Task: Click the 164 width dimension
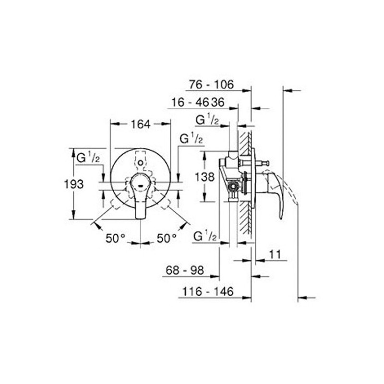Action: tap(141, 124)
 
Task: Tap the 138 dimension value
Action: tap(205, 177)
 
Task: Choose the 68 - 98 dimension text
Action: tap(185, 271)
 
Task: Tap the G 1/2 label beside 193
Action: tap(88, 157)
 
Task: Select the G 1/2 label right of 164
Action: tap(192, 139)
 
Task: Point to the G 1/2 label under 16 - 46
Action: tap(207, 120)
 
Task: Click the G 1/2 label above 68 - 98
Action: tap(206, 236)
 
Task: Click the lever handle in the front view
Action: tap(141, 194)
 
